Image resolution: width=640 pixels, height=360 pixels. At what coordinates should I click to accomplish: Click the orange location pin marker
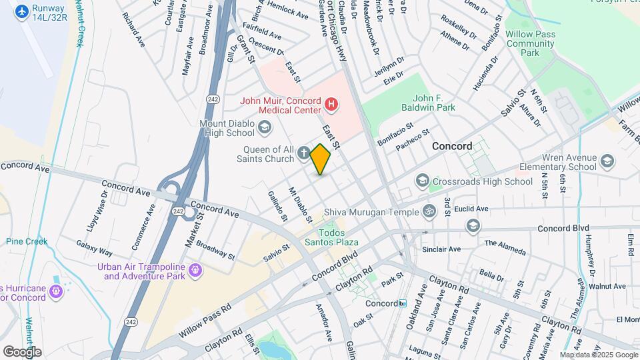pos(320,159)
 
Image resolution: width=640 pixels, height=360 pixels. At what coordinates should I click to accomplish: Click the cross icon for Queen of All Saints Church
pos(303,154)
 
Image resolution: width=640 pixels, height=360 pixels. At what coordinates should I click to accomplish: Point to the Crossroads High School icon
pos(422,181)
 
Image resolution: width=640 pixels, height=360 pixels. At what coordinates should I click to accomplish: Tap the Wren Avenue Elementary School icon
pos(607,161)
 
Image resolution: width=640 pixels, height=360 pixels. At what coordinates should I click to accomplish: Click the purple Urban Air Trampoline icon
pos(195,270)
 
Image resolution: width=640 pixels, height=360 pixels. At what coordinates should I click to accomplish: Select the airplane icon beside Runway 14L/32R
pos(22,11)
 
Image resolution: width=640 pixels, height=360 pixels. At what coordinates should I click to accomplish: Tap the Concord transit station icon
pos(402,303)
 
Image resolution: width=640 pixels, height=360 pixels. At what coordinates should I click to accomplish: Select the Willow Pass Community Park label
pos(530,43)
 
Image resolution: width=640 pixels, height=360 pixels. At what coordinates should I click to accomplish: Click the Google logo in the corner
pos(22,351)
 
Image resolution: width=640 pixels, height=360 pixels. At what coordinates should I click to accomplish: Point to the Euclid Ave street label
pos(472,209)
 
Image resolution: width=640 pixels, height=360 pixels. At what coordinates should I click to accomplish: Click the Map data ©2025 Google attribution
pos(598,355)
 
